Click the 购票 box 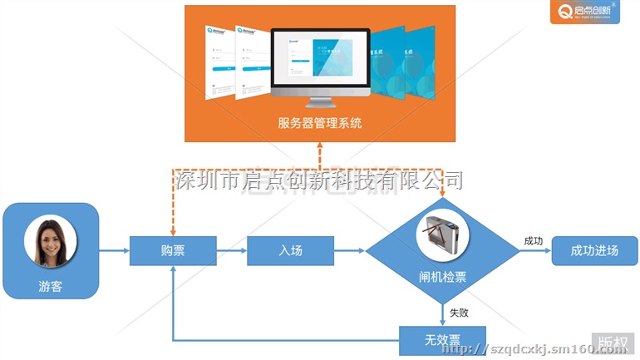click(x=173, y=250)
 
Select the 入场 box click(x=290, y=250)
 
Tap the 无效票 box click(x=442, y=339)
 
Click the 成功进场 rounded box click(x=594, y=251)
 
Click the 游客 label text click(x=51, y=288)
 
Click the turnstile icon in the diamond click(x=442, y=231)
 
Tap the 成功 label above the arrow click(x=533, y=240)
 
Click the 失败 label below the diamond click(x=459, y=313)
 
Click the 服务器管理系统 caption click(x=320, y=125)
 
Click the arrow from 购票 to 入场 click(x=232, y=250)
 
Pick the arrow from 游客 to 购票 click(x=114, y=250)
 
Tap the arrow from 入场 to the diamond click(x=350, y=250)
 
